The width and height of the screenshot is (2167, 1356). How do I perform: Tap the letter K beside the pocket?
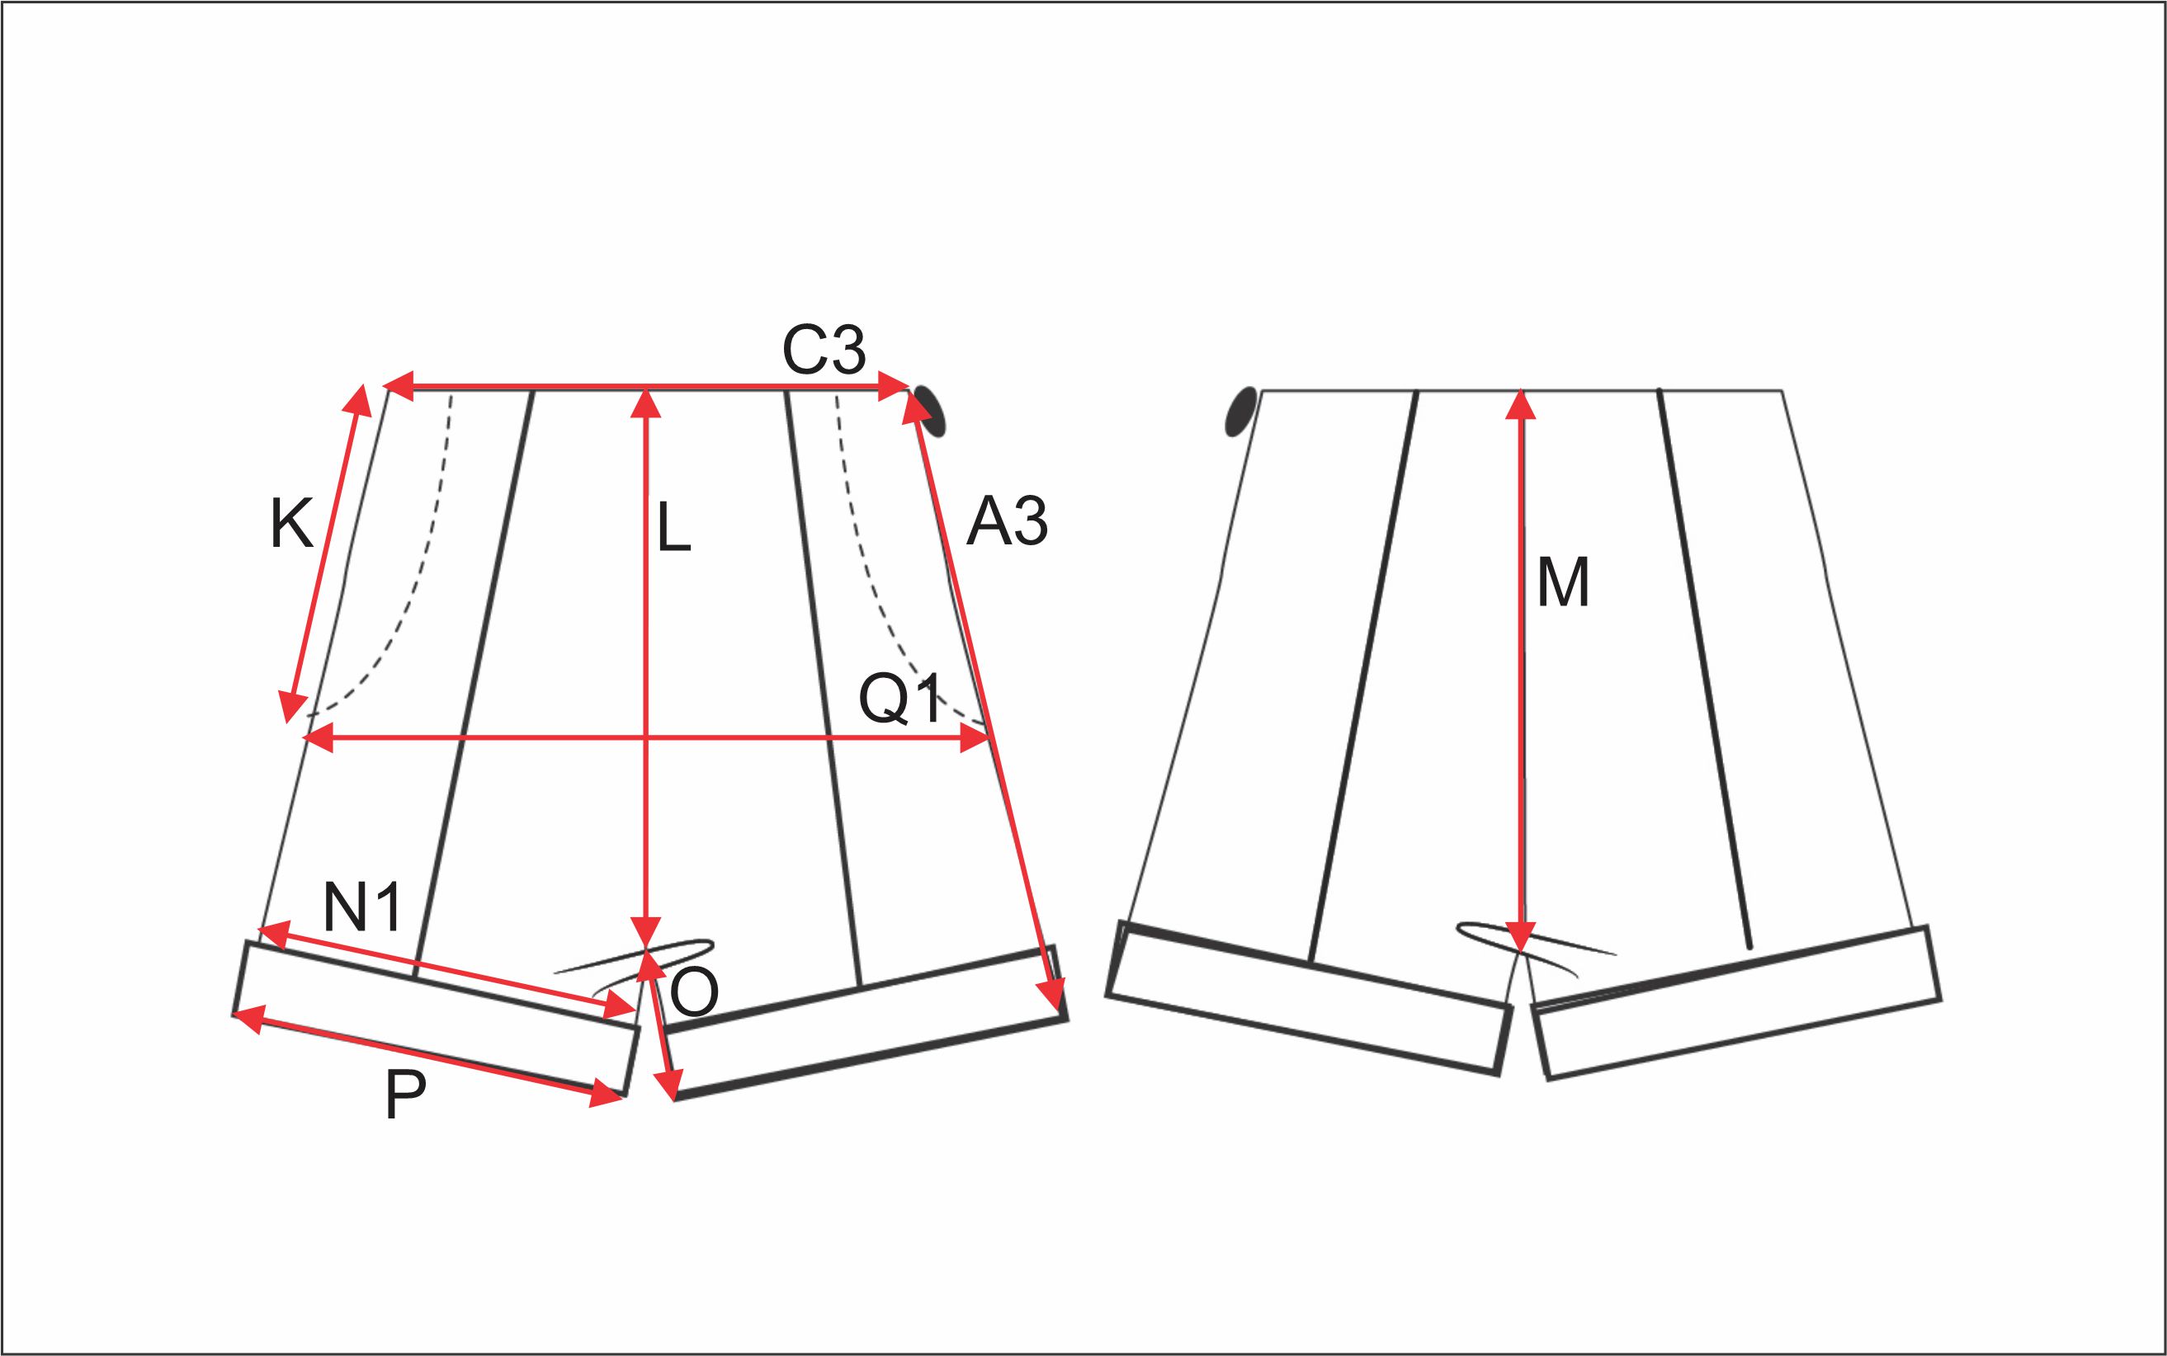point(291,525)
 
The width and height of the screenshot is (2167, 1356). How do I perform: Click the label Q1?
point(901,699)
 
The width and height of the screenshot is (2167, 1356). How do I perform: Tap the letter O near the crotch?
point(694,993)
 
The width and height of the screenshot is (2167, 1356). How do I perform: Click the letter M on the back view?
point(1563,583)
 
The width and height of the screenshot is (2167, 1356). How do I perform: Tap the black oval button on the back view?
point(1241,412)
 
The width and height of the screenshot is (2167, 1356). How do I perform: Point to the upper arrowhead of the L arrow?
point(646,403)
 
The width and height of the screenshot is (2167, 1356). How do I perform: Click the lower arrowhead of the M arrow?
point(1519,935)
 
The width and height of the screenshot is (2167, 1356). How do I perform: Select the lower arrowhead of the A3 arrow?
point(1052,996)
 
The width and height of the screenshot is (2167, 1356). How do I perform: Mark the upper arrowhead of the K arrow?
point(359,401)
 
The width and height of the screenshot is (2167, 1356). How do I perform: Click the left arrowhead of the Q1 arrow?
point(318,739)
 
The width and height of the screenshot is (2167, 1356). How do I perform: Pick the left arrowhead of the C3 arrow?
point(399,387)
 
